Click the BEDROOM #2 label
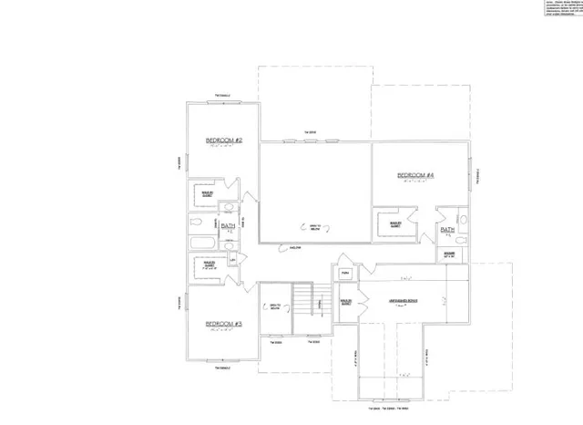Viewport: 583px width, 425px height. click(x=222, y=140)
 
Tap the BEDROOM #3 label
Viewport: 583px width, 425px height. click(x=222, y=324)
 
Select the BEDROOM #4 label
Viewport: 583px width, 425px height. click(x=414, y=174)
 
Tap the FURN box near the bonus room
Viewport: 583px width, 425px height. click(x=346, y=273)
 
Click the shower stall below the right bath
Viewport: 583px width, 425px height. click(x=450, y=254)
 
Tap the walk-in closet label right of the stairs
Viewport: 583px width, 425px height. click(x=346, y=303)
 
